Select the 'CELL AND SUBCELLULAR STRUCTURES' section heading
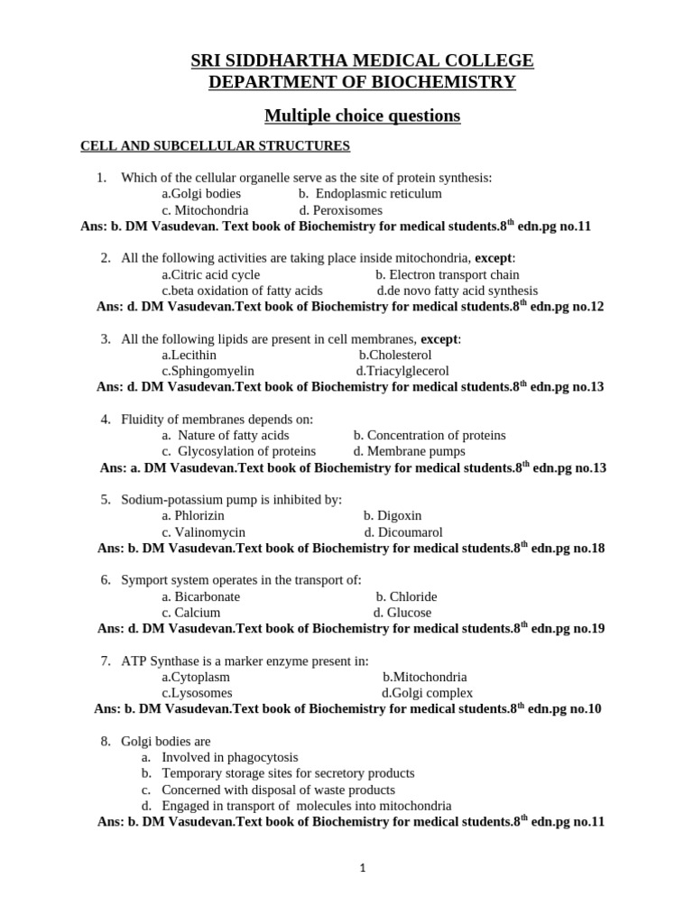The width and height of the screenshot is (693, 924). click(216, 145)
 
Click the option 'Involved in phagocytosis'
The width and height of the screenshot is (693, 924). click(229, 757)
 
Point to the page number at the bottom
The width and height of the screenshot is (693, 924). click(362, 868)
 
